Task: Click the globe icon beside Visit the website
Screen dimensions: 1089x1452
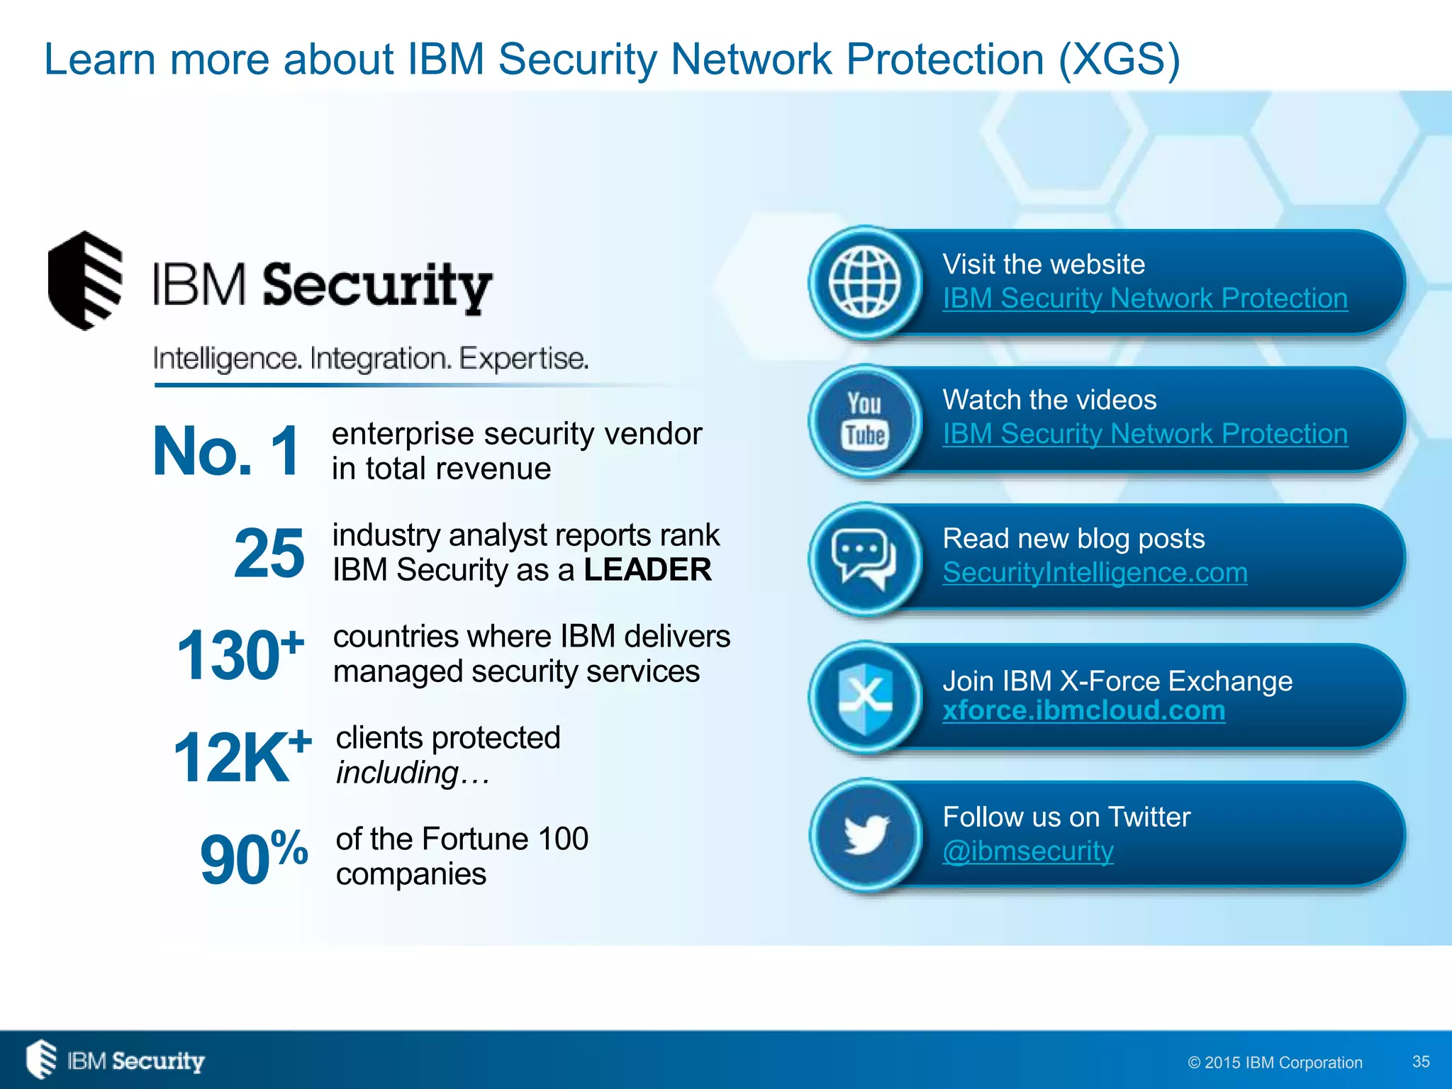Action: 865,283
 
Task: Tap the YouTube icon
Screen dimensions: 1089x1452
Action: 865,420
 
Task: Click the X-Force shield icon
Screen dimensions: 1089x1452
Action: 865,698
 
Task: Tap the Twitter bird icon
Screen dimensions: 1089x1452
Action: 865,834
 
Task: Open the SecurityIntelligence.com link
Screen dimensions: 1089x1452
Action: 1095,573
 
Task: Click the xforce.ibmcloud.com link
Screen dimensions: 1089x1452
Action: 1083,710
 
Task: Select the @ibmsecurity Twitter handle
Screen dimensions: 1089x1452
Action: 1028,851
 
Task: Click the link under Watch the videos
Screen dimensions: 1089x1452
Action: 1145,434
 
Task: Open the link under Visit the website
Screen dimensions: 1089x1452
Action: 1145,298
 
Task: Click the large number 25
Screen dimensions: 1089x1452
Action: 269,553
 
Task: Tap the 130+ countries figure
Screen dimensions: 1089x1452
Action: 240,654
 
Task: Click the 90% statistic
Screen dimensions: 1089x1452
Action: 253,858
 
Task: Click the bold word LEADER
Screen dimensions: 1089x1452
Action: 647,570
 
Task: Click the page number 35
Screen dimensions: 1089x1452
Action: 1421,1061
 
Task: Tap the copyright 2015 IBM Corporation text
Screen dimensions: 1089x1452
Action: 1275,1062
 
